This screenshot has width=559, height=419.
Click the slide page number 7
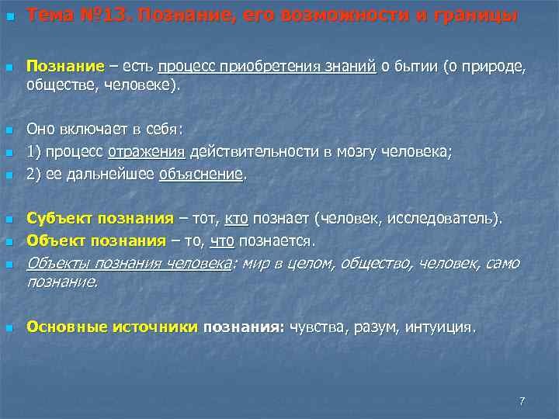pyautogui.click(x=522, y=400)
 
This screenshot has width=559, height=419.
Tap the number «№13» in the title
pyautogui.click(x=100, y=15)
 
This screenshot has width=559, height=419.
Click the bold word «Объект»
pyautogui.click(x=51, y=241)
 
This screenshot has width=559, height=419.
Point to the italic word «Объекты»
pyautogui.click(x=55, y=264)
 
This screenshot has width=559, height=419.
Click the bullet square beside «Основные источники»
pyautogui.click(x=9, y=328)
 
